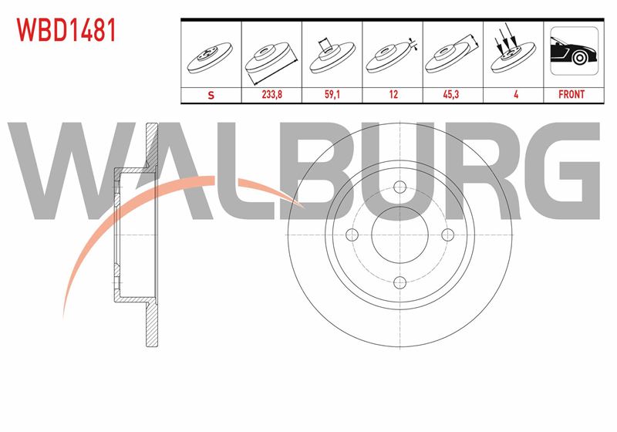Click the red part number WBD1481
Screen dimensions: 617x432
(x=66, y=30)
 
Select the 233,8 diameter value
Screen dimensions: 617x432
(x=272, y=94)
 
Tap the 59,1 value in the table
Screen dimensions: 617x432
(x=332, y=94)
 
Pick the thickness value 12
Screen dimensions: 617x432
(x=393, y=94)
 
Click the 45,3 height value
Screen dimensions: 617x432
(x=451, y=94)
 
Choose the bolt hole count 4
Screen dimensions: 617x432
(x=516, y=94)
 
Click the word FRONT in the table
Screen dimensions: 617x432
(x=571, y=94)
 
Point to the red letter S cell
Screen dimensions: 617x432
(x=211, y=95)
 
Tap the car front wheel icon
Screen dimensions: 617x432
(x=574, y=51)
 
